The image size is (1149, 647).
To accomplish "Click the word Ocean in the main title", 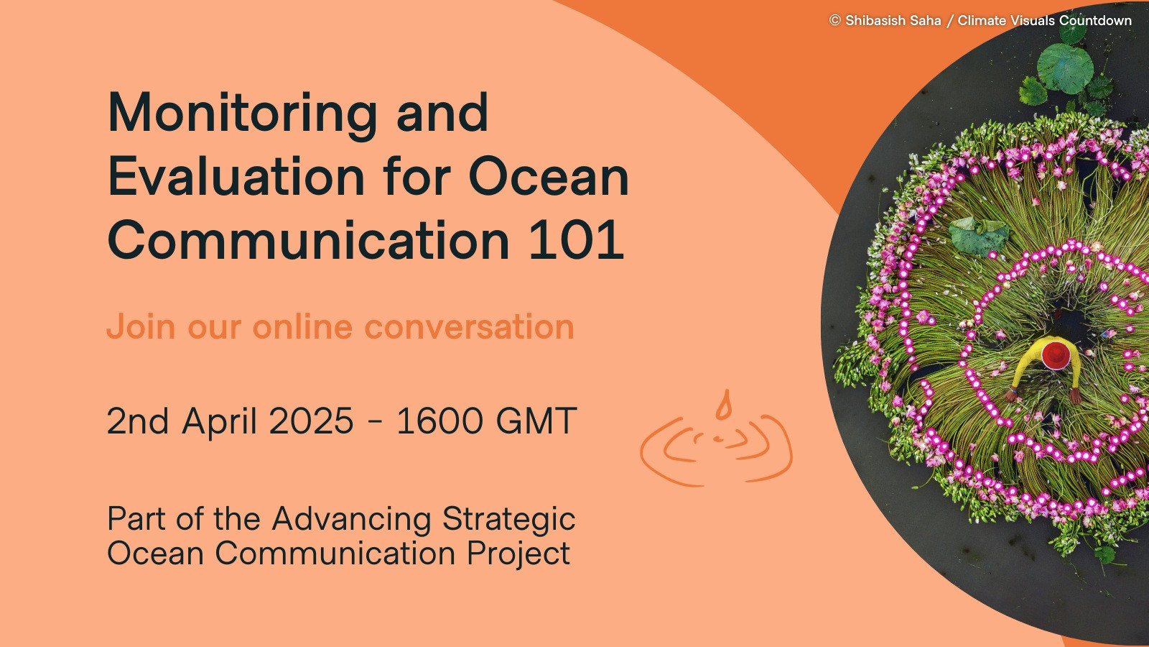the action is [549, 176].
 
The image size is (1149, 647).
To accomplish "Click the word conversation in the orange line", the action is [469, 327].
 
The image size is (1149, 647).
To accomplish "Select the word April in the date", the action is [219, 422].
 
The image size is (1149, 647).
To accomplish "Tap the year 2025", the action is [312, 421].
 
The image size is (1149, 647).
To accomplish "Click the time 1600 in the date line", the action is [439, 421].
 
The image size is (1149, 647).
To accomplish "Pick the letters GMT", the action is [536, 421].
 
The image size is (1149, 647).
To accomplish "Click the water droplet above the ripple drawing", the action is [723, 405].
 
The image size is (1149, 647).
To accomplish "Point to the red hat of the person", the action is [1056, 354].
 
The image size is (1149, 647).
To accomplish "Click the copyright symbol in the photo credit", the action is [835, 21].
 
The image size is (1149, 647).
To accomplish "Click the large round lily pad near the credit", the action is [1065, 68].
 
